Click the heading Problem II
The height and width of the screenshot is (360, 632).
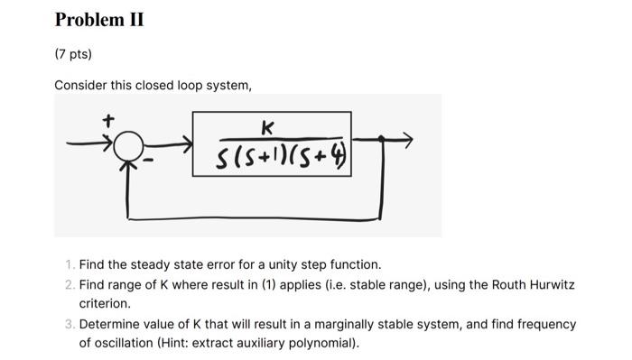tap(99, 19)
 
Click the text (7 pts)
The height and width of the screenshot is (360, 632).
tap(73, 53)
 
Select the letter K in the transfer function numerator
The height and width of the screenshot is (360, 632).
tap(267, 126)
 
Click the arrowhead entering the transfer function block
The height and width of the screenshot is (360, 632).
tap(185, 143)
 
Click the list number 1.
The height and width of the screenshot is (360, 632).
tap(70, 265)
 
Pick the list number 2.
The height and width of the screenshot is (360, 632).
tap(70, 285)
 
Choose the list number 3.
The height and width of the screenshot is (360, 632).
tap(70, 324)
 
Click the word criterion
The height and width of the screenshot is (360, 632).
tap(107, 304)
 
